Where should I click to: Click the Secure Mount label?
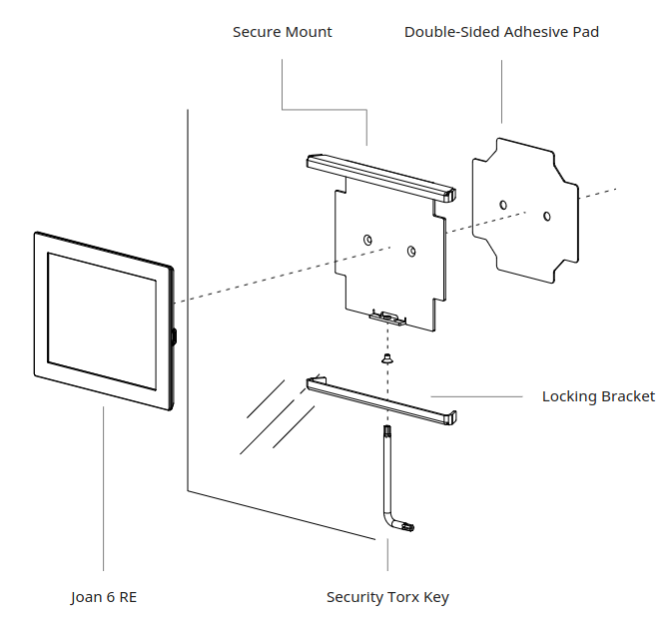282,32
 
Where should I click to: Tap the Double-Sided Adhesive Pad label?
501,32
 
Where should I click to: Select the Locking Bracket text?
598,396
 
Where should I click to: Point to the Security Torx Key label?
387,597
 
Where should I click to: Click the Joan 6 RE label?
104,597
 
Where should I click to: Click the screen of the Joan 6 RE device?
102,320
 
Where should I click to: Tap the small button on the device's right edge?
175,335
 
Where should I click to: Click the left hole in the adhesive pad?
503,205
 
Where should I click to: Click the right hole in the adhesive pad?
546,215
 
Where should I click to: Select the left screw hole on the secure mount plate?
368,240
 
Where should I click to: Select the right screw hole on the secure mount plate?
410,251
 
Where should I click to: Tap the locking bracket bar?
379,399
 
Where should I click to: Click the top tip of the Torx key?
384,430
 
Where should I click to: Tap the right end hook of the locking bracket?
454,416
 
